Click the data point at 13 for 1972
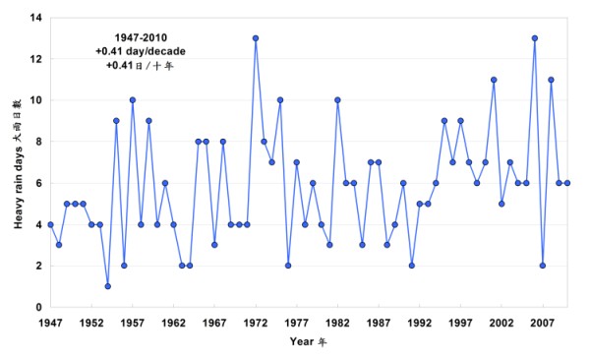pyautogui.click(x=256, y=38)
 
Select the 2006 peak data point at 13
pyautogui.click(x=534, y=38)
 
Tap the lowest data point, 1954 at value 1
pyautogui.click(x=107, y=286)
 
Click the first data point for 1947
pyautogui.click(x=50, y=224)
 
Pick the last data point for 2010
pyautogui.click(x=567, y=183)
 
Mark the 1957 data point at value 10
pyautogui.click(x=132, y=100)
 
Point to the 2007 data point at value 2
pyautogui.click(x=543, y=266)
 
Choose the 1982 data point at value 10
pyautogui.click(x=337, y=100)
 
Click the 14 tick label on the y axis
pyautogui.click(x=35, y=18)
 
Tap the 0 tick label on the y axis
pyautogui.click(x=38, y=307)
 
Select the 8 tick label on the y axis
pyautogui.click(x=38, y=142)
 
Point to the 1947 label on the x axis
pyautogui.click(x=50, y=322)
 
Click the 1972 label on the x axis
pyautogui.click(x=256, y=322)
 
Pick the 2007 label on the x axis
pyautogui.click(x=543, y=322)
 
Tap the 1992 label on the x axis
pyautogui.click(x=420, y=322)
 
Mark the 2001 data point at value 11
pyautogui.click(x=494, y=80)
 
